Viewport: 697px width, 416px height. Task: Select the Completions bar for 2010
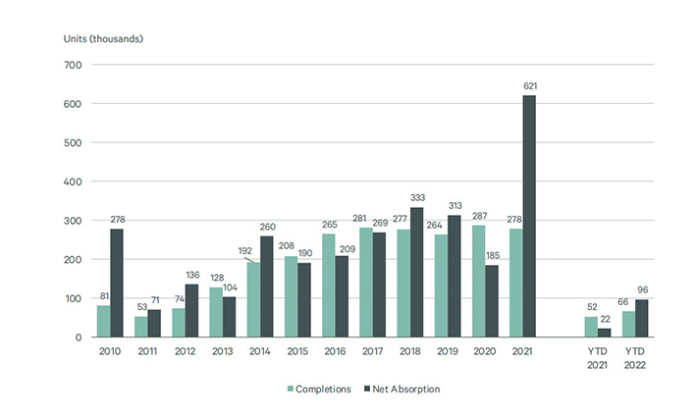click(x=102, y=321)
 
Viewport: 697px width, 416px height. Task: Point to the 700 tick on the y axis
click(x=72, y=65)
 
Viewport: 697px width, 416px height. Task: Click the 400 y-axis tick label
click(x=72, y=182)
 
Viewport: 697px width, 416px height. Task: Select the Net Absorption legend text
click(x=403, y=389)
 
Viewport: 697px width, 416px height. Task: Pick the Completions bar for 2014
click(x=251, y=299)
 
